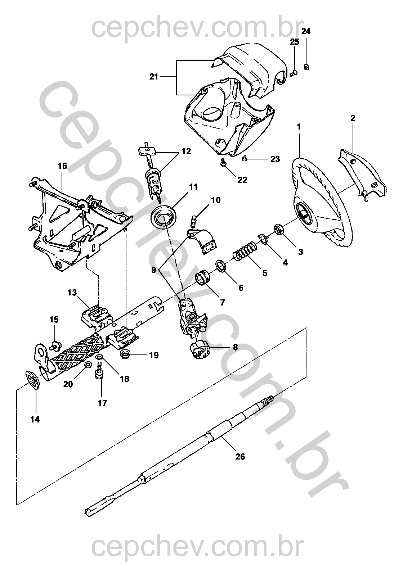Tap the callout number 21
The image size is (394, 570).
[x=154, y=77]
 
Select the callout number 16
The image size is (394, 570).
[x=62, y=166]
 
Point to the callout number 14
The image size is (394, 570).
[x=35, y=419]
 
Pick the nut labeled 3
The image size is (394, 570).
[x=279, y=229]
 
